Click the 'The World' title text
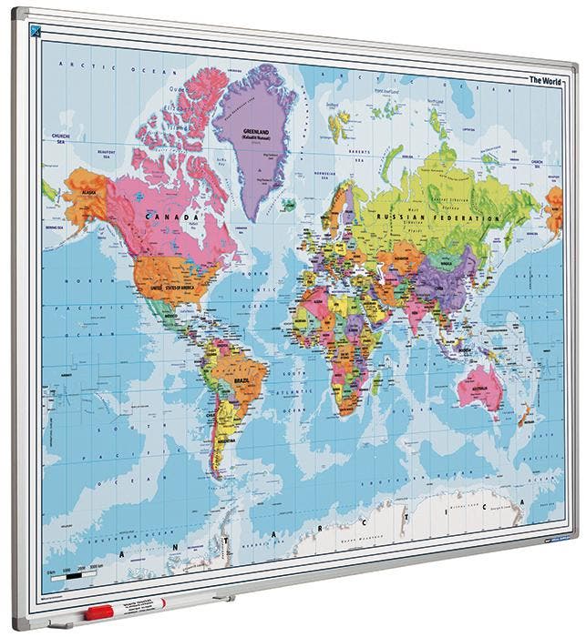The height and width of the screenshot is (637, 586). [547, 80]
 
